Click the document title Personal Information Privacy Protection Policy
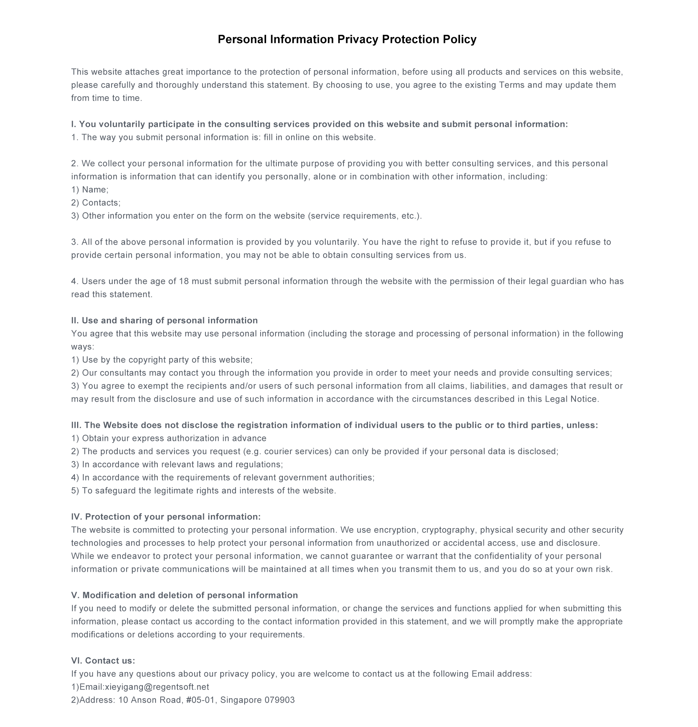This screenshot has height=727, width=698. coord(347,39)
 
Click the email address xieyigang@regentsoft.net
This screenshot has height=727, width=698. coord(157,687)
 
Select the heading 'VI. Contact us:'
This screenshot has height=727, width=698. coord(103,660)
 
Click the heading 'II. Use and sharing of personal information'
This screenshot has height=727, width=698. coord(164,321)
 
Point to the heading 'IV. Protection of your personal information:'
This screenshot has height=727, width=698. coord(166,517)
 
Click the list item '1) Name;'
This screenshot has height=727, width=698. coord(90,189)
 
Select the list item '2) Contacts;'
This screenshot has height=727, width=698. coord(96,202)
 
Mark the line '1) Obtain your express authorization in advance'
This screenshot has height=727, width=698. coord(169,438)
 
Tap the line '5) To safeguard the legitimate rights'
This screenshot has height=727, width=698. coord(204,491)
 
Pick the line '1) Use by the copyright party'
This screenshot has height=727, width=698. coord(162,360)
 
